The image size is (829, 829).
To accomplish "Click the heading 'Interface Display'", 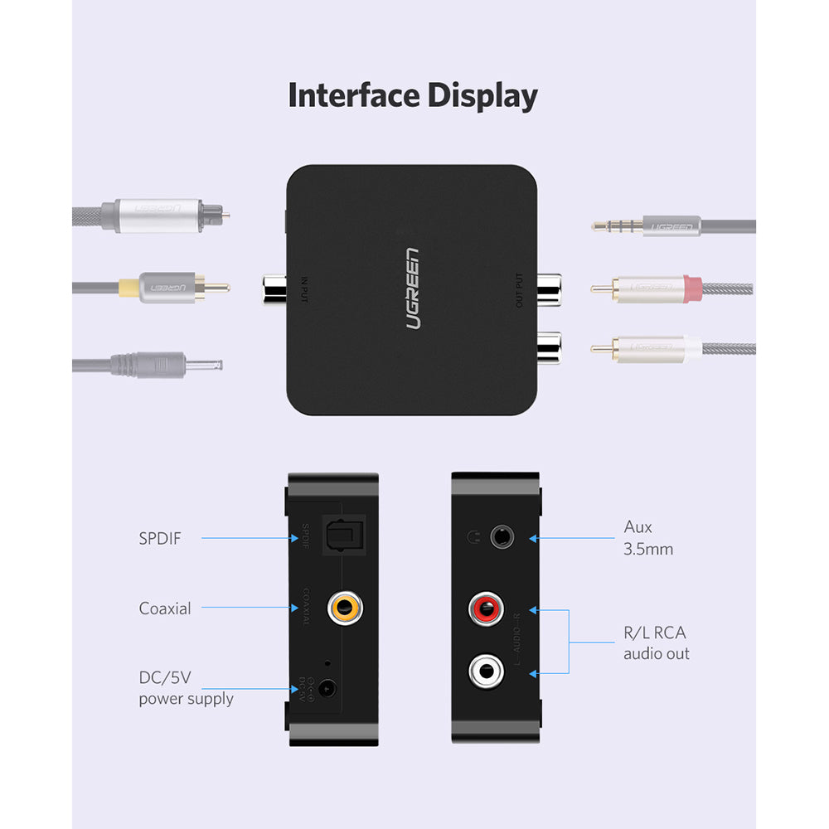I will point(413,96).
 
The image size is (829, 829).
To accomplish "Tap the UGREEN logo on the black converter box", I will point(413,288).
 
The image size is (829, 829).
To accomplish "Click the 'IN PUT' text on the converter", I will point(304,288).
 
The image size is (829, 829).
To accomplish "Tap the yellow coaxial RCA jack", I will point(344,608).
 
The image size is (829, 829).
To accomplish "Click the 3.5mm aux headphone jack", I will point(501,536).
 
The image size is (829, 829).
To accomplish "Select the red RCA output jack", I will point(486,609).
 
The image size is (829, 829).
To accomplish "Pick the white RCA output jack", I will point(486,670).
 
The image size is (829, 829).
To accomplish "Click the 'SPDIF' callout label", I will point(159,539).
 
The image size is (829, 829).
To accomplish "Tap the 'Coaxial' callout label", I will point(165,608).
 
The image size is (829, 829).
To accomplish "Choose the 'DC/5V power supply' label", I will point(185,688).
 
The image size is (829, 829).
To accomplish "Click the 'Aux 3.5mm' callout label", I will point(648,537).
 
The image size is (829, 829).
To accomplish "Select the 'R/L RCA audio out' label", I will point(656,642).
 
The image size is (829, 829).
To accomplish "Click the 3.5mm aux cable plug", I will point(647,225).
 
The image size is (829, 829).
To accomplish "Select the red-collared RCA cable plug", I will point(655,288).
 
